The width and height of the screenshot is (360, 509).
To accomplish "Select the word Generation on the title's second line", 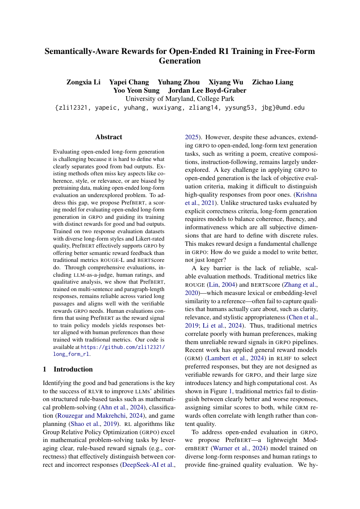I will point(180,61).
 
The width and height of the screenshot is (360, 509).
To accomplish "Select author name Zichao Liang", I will point(273,82).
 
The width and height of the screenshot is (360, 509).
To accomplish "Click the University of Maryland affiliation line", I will point(180,99).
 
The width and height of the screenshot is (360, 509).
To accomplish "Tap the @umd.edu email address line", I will point(180,107).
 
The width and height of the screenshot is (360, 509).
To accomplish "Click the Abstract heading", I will point(108,137).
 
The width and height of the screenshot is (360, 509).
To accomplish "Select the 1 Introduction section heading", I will point(67,369).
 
